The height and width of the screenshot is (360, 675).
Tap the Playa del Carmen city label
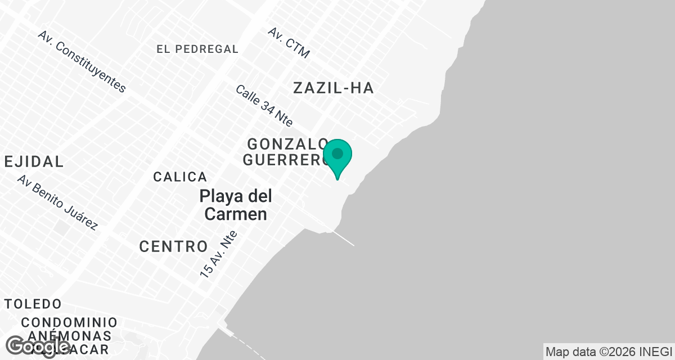click(x=235, y=205)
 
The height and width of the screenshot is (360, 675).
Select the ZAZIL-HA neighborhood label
click(x=334, y=88)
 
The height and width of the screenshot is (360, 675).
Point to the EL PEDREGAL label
click(x=197, y=49)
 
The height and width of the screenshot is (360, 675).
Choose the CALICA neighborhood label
click(x=180, y=177)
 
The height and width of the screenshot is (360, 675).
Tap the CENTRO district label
click(x=173, y=246)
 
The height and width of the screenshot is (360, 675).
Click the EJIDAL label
click(x=34, y=161)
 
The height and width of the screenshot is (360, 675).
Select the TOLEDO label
click(x=33, y=304)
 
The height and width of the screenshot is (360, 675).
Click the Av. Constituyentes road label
click(x=82, y=61)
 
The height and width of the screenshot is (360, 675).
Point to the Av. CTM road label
click(x=289, y=42)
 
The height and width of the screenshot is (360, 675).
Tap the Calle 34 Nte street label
click(x=264, y=105)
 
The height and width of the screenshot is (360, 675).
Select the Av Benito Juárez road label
click(x=57, y=202)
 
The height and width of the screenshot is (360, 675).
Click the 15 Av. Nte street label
click(x=219, y=254)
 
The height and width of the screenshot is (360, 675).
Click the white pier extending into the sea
click(x=344, y=238)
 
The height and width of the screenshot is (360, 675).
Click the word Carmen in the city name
click(x=235, y=214)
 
